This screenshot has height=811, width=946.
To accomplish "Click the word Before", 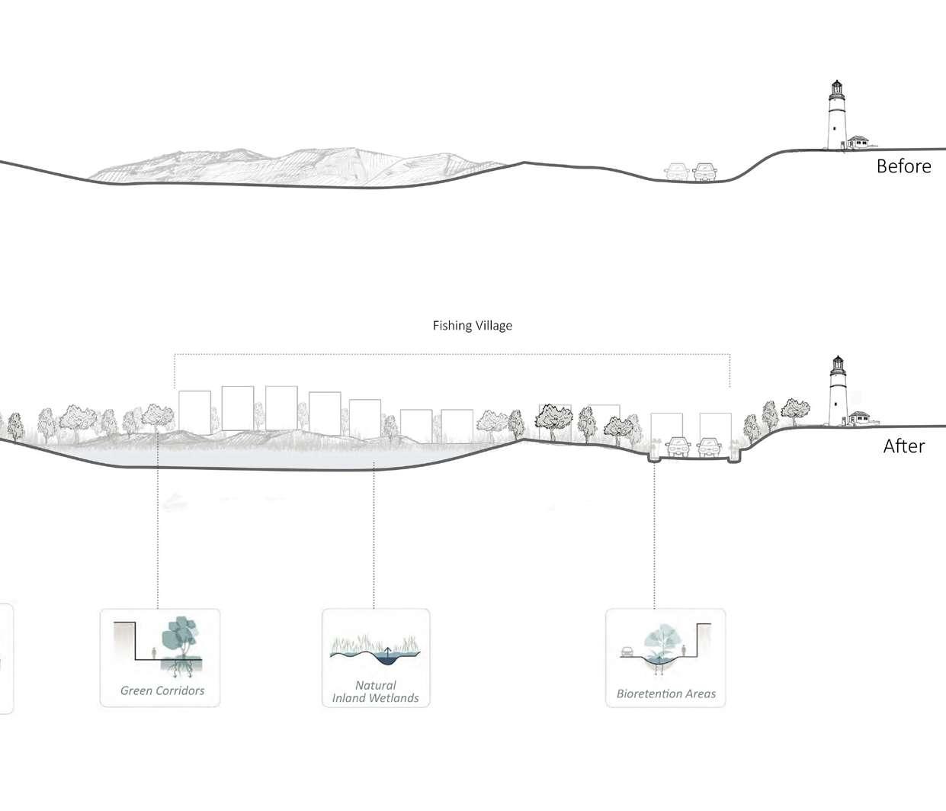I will tap(903, 166).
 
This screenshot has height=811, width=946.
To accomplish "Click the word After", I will tap(903, 446).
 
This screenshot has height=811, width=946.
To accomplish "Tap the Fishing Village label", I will tap(473, 326).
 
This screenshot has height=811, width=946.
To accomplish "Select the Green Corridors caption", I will tap(162, 690).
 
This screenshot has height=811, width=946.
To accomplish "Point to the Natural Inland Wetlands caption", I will tap(375, 692).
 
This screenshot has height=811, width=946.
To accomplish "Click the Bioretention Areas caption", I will tap(666, 694).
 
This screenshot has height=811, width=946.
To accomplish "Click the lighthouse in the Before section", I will tap(837, 118).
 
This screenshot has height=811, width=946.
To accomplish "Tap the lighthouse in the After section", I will tap(839, 393).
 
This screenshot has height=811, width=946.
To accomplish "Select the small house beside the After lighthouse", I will tap(861, 417).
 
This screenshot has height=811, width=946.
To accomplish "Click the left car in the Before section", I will tap(676, 172).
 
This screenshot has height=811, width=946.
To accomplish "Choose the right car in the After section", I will tap(710, 446).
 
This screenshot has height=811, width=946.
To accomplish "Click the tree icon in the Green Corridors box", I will tap(181, 638).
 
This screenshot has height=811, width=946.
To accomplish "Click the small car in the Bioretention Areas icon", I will tap(627, 652).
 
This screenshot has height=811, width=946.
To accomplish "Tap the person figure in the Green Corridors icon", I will tap(154, 653).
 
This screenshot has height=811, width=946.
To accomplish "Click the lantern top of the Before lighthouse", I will tap(836, 86).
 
